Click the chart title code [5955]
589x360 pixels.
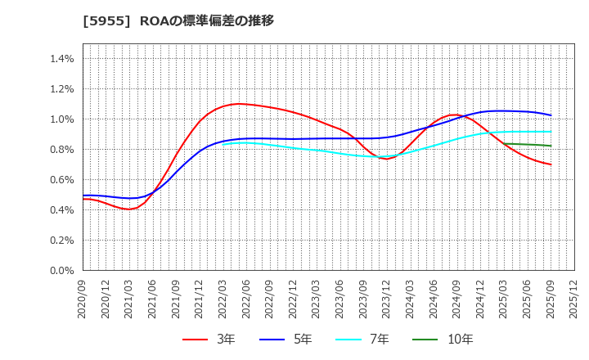click(x=100, y=20)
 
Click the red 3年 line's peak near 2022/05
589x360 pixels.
click(x=238, y=104)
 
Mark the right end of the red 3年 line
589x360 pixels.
click(x=551, y=164)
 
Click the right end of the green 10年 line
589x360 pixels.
click(x=551, y=146)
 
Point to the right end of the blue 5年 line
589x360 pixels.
click(x=551, y=115)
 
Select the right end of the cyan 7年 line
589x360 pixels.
click(x=551, y=132)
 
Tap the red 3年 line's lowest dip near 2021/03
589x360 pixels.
click(x=129, y=209)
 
